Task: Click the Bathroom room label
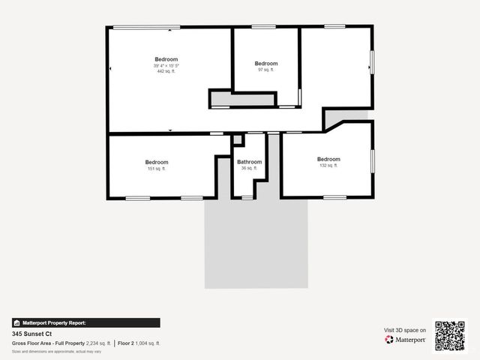[x=249, y=162]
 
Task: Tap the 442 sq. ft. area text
[x=166, y=71]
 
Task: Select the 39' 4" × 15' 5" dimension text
[x=166, y=66]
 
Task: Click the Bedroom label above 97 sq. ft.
[x=265, y=64]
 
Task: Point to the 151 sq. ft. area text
[x=157, y=169]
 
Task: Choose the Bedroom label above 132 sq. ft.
[x=328, y=159]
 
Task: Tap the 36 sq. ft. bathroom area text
[x=249, y=169]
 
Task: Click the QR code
[x=450, y=335]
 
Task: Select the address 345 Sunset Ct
[x=31, y=334]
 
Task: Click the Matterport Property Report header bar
[x=85, y=322]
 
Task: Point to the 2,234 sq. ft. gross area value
[x=97, y=343]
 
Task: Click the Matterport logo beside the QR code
[x=406, y=340]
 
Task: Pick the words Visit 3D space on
[x=405, y=330]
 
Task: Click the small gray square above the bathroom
[x=238, y=140]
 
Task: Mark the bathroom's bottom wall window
[x=247, y=198]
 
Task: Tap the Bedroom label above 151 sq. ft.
[x=157, y=162]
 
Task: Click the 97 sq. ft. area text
[x=265, y=70]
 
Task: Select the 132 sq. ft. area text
[x=328, y=166]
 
